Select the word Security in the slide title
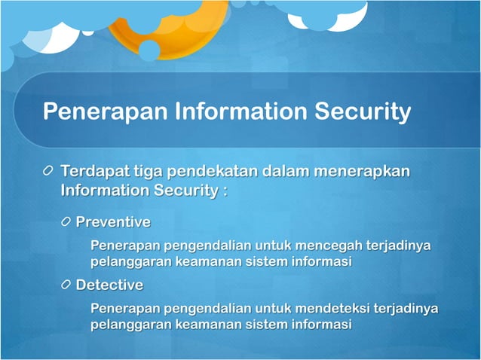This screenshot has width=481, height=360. coord(363,112)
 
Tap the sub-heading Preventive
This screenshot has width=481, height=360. coord(113,222)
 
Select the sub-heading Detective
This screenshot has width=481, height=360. coord(109,285)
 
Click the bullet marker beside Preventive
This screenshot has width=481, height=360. coord(67,222)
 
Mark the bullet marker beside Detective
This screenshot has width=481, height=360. coord(67,285)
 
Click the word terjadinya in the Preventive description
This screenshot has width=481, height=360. coord(400,246)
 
